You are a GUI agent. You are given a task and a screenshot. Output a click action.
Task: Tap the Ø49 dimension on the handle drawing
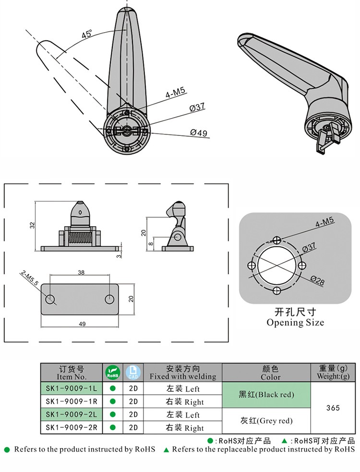coord(199,133)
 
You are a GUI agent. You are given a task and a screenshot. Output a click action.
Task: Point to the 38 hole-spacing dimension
coord(81,272)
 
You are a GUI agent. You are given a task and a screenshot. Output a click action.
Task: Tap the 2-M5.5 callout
coord(29,279)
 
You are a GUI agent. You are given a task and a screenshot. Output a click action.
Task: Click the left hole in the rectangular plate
coord(50,299)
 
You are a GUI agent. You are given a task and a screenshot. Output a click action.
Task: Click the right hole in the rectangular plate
coord(109,299)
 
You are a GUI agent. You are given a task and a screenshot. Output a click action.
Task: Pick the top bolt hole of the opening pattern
coord(277,240)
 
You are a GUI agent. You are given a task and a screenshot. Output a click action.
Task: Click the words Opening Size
coord(295,323)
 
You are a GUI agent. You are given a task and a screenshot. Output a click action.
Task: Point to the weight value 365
coord(333,408)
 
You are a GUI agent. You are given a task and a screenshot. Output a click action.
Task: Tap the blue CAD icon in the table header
coord(133,372)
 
